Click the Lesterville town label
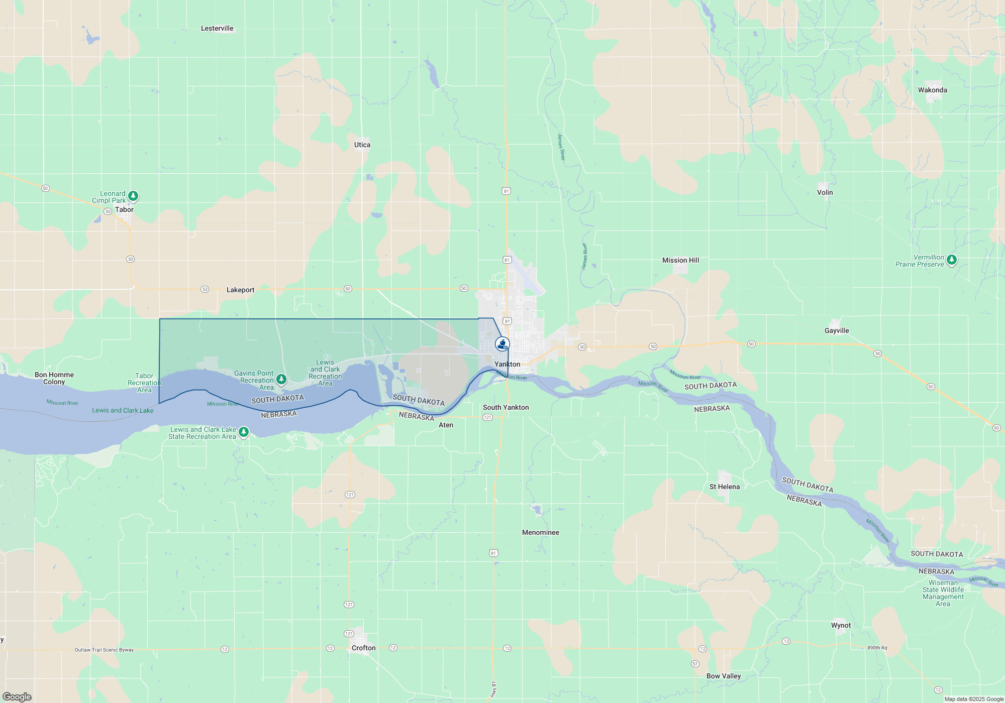tap(217, 29)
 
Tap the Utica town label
tap(362, 145)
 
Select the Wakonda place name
tap(932, 90)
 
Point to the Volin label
tap(825, 193)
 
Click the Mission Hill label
tap(680, 261)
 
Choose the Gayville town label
tap(837, 331)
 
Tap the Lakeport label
tap(240, 290)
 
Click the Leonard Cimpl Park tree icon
tap(133, 196)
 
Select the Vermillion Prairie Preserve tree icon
tap(951, 260)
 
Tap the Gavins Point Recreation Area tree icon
tap(281, 379)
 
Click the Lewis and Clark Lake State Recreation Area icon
tap(244, 432)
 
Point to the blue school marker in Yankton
tap(502, 344)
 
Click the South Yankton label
tap(506, 408)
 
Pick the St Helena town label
tap(724, 487)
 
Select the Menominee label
tap(540, 533)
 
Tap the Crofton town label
tap(363, 648)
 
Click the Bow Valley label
tap(723, 676)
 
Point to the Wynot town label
tap(841, 626)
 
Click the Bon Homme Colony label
tap(54, 379)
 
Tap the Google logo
tap(17, 697)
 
